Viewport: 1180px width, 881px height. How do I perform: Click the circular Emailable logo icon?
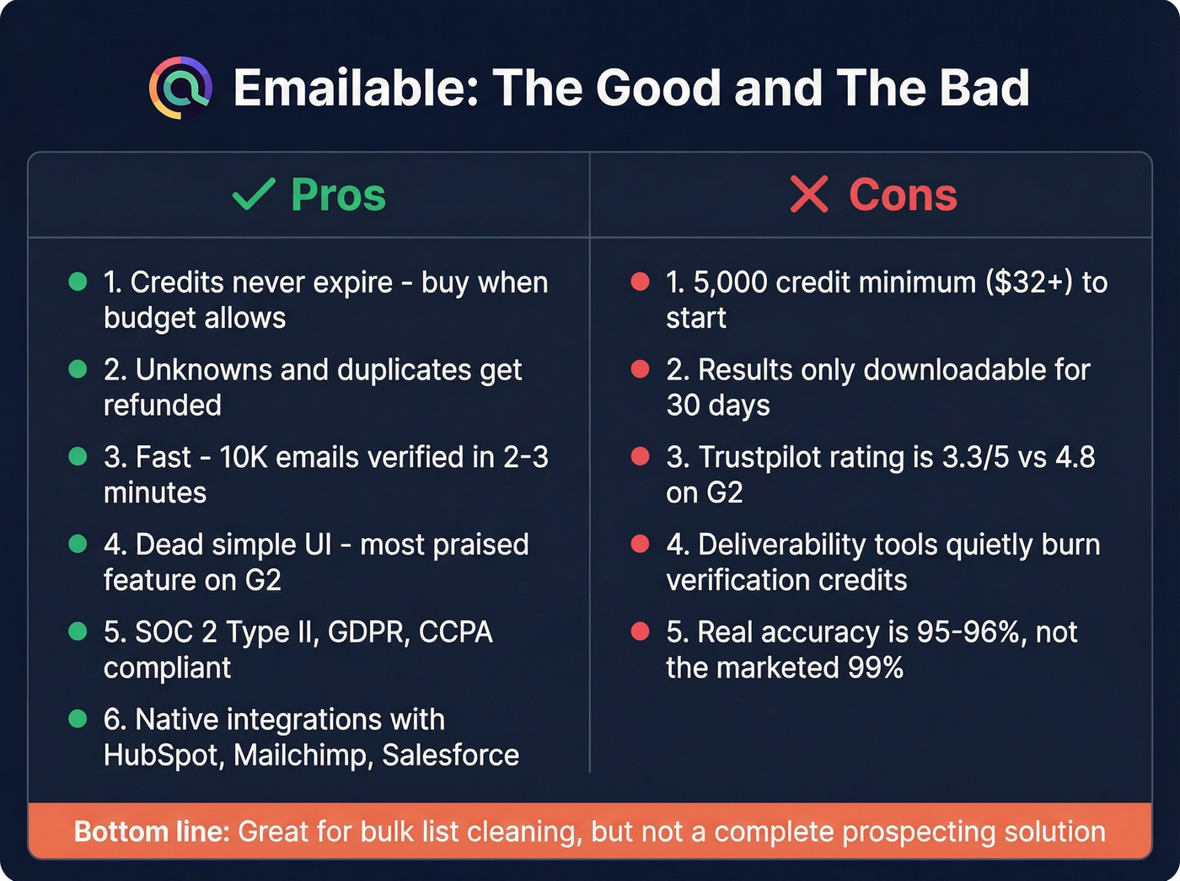click(x=180, y=88)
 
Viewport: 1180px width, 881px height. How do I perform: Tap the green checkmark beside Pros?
click(x=254, y=195)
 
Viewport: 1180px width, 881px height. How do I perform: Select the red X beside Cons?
click(x=809, y=195)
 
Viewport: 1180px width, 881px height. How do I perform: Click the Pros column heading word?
click(x=338, y=196)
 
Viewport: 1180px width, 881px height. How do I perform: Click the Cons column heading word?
click(x=903, y=196)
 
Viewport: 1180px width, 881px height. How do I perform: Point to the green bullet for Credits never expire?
click(x=78, y=282)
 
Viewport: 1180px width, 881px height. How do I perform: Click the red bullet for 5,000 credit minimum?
click(x=641, y=282)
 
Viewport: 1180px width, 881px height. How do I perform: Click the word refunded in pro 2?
click(x=162, y=406)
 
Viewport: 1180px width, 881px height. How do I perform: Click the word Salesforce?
click(x=450, y=755)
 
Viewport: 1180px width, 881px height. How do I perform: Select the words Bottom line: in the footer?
click(x=152, y=832)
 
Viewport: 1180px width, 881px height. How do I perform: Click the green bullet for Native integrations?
click(x=78, y=719)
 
